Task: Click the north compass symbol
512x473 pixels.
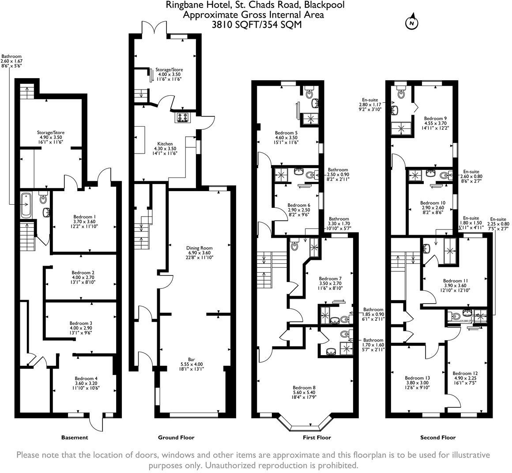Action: click(411, 23)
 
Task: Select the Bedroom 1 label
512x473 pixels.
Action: click(85, 217)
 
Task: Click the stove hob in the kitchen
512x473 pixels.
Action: click(182, 117)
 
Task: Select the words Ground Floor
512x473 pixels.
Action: click(176, 438)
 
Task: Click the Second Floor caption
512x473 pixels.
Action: click(438, 438)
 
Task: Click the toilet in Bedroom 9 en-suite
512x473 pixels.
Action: click(401, 92)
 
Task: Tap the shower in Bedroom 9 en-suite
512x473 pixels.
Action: click(402, 128)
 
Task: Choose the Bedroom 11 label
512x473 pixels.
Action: click(456, 281)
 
